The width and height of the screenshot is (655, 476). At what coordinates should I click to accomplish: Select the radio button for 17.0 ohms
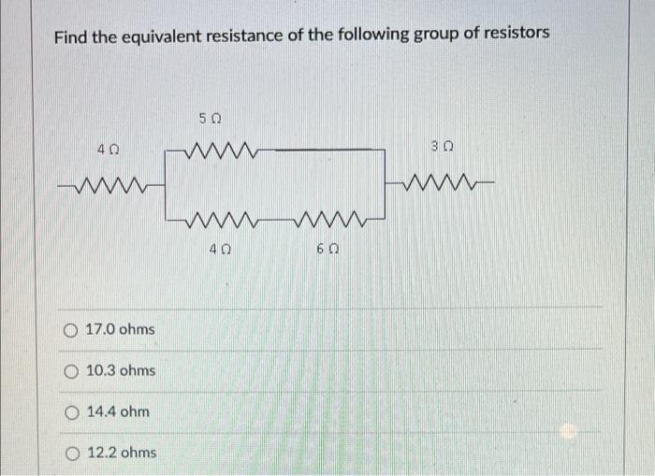72,330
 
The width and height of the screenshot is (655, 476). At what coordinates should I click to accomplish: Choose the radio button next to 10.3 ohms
72,371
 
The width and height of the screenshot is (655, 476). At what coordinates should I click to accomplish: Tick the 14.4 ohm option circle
72,411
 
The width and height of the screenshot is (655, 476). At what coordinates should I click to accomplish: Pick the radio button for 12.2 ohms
72,453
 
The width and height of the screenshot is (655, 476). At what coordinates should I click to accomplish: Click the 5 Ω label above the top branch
211,120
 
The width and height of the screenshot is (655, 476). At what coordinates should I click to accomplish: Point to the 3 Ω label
443,145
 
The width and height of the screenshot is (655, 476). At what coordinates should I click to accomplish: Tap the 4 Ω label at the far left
108,148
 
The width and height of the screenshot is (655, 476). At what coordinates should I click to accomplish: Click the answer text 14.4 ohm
117,411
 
